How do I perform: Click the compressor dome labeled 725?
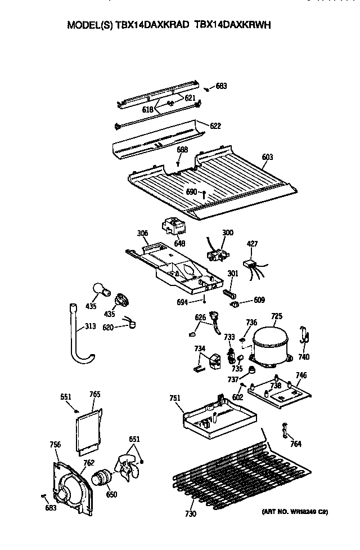[271, 344]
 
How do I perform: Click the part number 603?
[267, 157]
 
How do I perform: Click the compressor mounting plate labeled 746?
[280, 394]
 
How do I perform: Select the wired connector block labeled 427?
[250, 265]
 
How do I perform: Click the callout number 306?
[142, 232]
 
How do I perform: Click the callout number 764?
[296, 444]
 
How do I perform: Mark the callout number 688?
[182, 150]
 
